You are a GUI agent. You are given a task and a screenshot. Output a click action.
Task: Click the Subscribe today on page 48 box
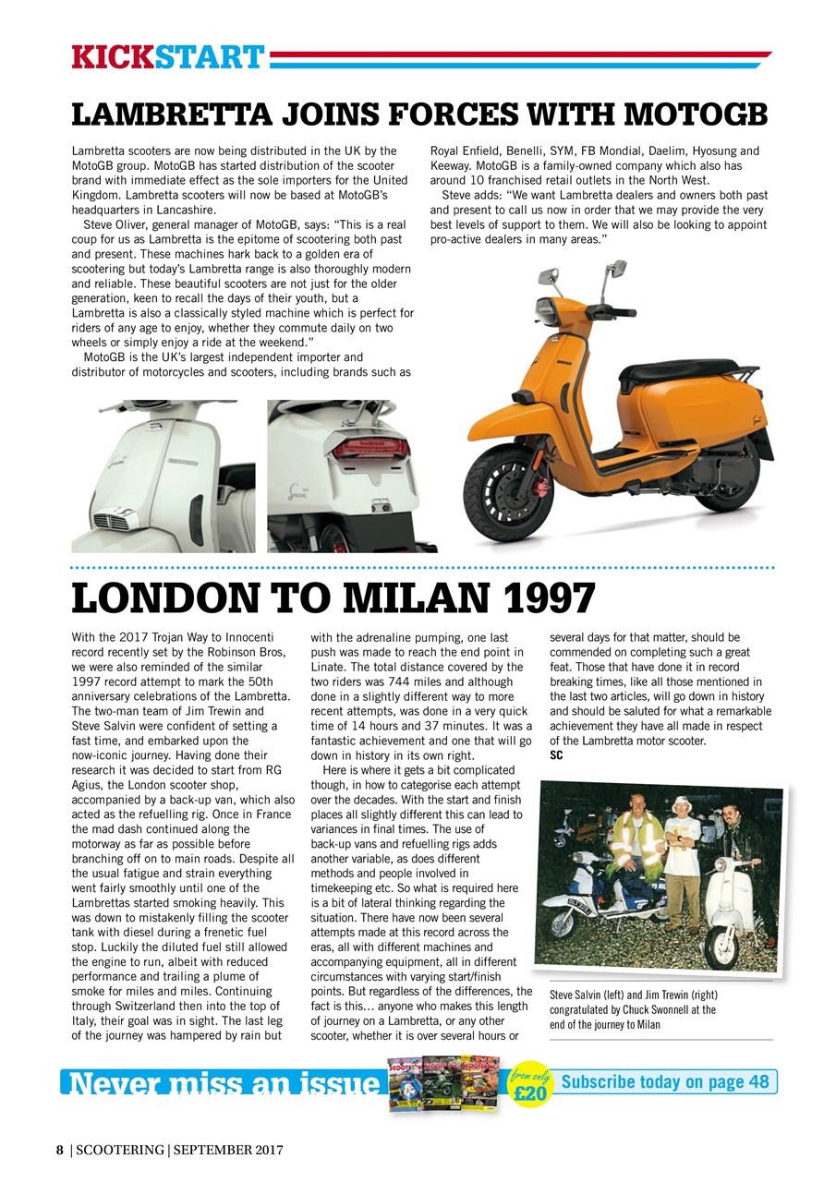665,1081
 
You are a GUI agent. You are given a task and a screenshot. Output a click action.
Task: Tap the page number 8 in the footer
60,1150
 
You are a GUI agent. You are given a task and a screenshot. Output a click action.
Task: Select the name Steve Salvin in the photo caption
576,995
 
